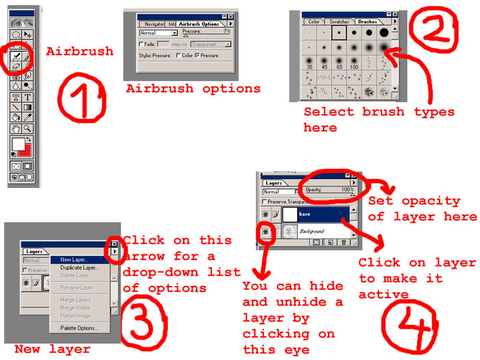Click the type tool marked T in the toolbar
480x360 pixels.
[x=28, y=97]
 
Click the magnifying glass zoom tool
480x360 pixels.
[x=28, y=128]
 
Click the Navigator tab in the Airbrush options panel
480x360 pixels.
[x=154, y=23]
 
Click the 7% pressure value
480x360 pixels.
[x=226, y=32]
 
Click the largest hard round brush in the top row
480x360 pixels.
[x=383, y=32]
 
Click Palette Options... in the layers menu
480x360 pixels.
[x=79, y=328]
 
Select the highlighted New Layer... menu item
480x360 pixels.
[x=74, y=259]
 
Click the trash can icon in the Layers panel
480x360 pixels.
[x=344, y=242]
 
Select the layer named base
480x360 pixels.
[x=322, y=214]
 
